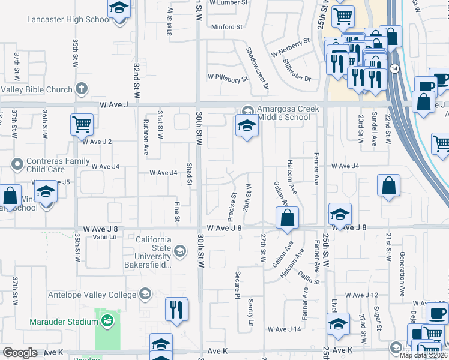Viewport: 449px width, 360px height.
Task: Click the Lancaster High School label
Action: (69, 20)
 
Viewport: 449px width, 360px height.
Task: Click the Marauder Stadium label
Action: (64, 322)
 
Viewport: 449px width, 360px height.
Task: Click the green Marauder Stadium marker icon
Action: (107, 322)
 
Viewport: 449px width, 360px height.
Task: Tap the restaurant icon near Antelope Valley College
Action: (176, 308)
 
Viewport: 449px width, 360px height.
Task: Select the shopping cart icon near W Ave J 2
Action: (82, 125)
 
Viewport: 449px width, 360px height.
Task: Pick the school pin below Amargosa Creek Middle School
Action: (246, 126)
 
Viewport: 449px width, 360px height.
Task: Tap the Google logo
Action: (20, 353)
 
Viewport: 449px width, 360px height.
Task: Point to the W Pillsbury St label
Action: (228, 78)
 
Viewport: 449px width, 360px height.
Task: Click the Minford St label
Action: (226, 27)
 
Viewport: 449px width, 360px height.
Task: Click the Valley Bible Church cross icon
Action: (82, 89)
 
